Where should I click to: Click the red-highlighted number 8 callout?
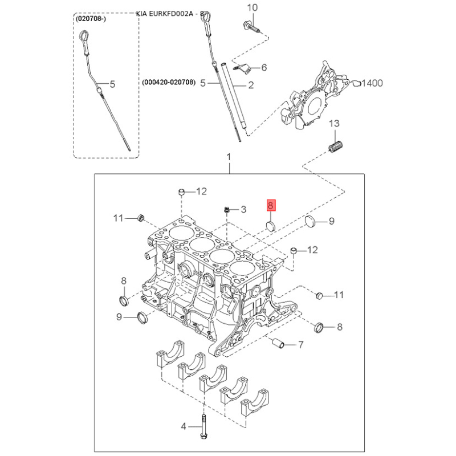(271, 205)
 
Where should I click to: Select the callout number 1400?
(372, 83)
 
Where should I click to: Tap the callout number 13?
(334, 123)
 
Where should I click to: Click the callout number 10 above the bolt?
(252, 7)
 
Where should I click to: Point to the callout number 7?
(301, 345)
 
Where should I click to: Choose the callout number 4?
(183, 426)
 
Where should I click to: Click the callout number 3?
(243, 209)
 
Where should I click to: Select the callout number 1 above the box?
(229, 157)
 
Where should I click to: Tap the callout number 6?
(264, 67)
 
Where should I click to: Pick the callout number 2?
(251, 85)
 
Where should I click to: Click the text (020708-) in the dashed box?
(91, 19)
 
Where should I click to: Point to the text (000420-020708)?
(169, 82)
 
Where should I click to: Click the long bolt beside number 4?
(203, 427)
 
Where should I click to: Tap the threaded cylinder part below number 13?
(336, 146)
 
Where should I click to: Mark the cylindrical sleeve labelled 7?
(278, 343)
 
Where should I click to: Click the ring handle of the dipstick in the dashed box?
(84, 36)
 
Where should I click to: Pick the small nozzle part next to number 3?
(227, 209)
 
